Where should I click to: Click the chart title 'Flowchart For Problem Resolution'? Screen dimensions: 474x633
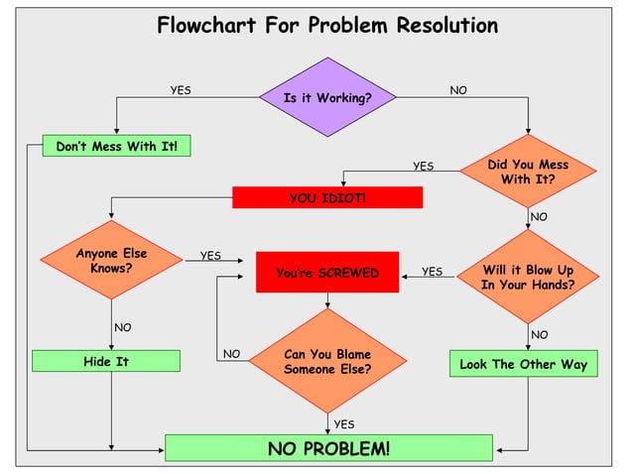(x=327, y=25)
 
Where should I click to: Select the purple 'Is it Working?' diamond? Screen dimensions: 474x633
(x=327, y=97)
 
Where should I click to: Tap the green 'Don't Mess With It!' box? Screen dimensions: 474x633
(x=116, y=147)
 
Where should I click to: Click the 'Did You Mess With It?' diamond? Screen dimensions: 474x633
(x=528, y=172)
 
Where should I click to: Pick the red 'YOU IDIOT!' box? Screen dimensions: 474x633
(x=327, y=198)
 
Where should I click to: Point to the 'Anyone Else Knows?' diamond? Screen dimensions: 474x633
(x=111, y=261)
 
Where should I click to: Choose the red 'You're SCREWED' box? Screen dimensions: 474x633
(x=327, y=273)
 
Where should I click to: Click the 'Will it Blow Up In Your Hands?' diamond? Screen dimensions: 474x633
(x=527, y=277)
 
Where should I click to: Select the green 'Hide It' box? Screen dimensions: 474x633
(x=106, y=361)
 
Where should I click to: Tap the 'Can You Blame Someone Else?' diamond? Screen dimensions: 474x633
(x=327, y=361)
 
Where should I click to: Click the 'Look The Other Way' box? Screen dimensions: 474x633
(x=523, y=364)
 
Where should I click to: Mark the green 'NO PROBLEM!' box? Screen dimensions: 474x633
(x=328, y=448)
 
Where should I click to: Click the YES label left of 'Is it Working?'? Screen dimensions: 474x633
(x=181, y=90)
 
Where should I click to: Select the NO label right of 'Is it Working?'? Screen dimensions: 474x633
(x=458, y=90)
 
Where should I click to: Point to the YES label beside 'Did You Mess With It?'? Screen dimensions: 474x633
(x=424, y=166)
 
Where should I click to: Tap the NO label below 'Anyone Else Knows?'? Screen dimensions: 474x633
(x=123, y=327)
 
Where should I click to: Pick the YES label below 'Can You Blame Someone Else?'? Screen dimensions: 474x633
(x=344, y=423)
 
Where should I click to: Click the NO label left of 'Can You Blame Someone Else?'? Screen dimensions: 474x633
(x=231, y=353)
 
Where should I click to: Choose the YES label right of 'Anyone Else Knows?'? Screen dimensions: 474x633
(x=210, y=255)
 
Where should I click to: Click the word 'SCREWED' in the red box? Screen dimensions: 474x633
(x=348, y=273)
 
